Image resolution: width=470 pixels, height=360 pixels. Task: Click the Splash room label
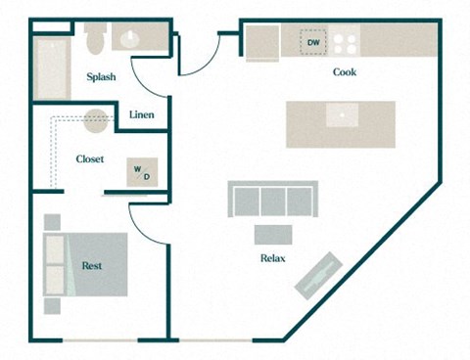click(x=101, y=77)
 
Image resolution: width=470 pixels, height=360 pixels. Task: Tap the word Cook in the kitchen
click(x=344, y=72)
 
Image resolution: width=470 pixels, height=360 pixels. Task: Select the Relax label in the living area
click(x=272, y=258)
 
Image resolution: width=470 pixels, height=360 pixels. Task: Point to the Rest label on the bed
click(x=92, y=265)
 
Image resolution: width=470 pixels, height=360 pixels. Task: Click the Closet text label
click(x=90, y=158)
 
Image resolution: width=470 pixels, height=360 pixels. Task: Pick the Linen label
click(x=142, y=115)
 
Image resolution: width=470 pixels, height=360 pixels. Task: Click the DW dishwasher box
click(x=313, y=43)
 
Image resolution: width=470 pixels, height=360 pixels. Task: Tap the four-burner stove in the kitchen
click(x=345, y=42)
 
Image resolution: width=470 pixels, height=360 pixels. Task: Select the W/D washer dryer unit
click(x=142, y=172)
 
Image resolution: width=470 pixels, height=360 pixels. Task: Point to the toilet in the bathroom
click(x=95, y=42)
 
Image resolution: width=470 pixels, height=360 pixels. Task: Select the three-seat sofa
click(x=272, y=200)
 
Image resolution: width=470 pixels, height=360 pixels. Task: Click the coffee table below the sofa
click(x=272, y=235)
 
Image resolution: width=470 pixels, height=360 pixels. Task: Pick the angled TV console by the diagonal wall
click(x=319, y=273)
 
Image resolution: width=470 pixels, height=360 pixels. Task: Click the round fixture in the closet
click(x=95, y=120)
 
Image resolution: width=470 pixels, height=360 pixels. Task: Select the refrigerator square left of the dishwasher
click(x=262, y=42)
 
